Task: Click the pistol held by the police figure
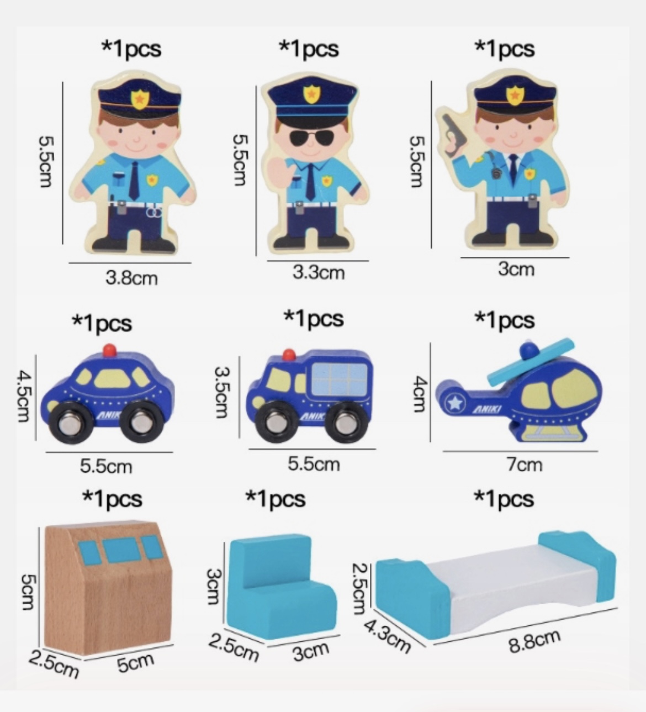point(452,135)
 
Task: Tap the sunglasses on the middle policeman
point(310,139)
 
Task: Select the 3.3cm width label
point(319,272)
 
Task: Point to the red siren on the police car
point(110,350)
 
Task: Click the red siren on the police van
point(289,355)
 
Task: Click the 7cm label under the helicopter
point(525,465)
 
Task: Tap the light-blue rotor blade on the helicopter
point(531,362)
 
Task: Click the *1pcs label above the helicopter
point(505,320)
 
